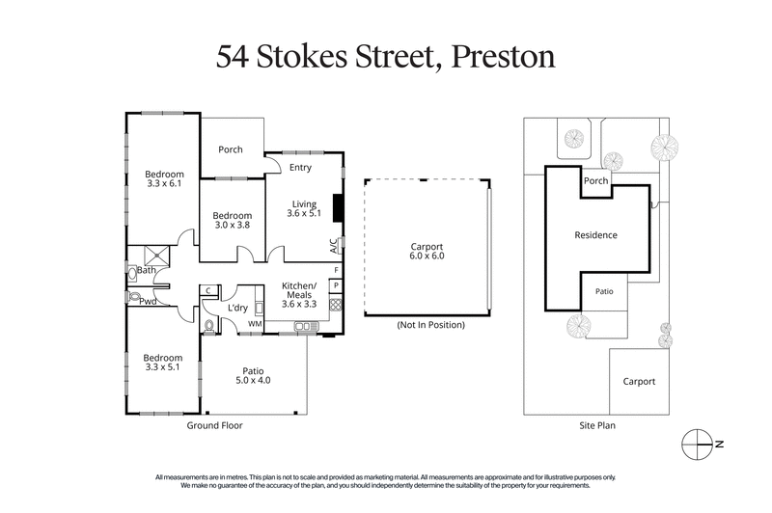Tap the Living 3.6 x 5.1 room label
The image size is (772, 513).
[x=305, y=209]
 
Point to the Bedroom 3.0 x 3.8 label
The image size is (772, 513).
[x=232, y=221]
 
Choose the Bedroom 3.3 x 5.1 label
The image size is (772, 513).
[x=164, y=364]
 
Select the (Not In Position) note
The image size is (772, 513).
[x=430, y=325]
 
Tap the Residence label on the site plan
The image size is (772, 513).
[x=595, y=234]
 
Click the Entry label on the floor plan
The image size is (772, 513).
[x=300, y=168]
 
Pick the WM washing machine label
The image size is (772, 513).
[x=255, y=324]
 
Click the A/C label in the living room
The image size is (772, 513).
[x=334, y=245]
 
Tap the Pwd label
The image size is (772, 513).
[x=148, y=301]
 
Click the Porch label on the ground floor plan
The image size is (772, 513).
[x=230, y=149]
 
